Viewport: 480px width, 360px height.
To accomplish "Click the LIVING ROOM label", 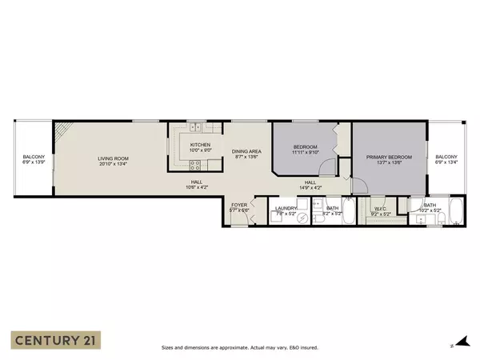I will point(113,158).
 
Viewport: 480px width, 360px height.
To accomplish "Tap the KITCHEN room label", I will point(200,144).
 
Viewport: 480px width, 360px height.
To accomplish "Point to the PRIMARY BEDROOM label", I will point(383,157).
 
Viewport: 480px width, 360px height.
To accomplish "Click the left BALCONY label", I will point(34,156).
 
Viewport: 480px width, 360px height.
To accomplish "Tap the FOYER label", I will point(239,205).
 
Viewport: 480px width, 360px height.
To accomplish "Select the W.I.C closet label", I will point(380,210).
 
